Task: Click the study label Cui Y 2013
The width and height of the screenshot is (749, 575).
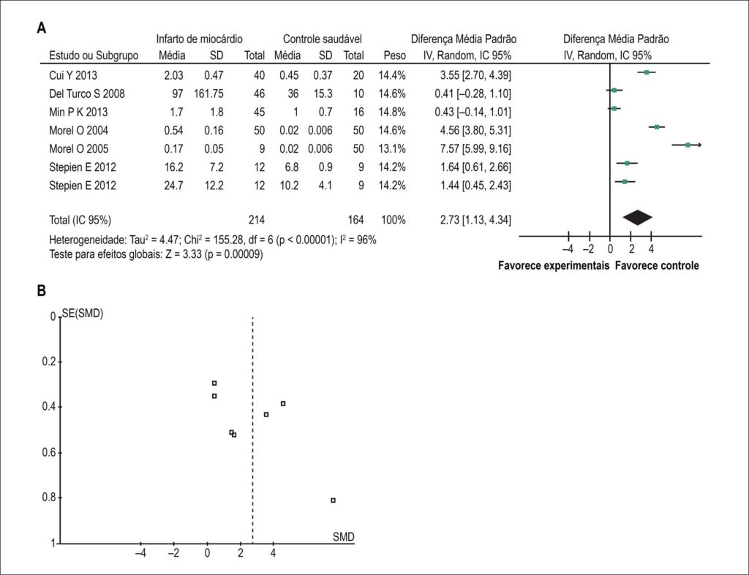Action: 73,75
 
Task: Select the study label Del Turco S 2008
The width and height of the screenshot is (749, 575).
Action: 87,94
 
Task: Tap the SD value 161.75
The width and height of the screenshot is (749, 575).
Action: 208,94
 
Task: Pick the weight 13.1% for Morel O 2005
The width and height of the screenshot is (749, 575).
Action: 392,149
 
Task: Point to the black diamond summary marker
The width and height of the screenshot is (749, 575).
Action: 637,218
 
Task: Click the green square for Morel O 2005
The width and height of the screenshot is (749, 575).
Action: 688,145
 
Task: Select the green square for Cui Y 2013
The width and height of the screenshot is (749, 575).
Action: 647,72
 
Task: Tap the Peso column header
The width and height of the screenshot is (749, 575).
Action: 394,56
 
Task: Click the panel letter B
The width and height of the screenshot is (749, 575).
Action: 42,291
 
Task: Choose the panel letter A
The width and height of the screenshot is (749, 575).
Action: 42,28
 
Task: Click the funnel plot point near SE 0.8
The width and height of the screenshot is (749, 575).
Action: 333,500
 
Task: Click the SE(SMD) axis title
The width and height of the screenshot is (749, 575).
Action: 83,313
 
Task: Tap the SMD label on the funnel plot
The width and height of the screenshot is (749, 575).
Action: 344,537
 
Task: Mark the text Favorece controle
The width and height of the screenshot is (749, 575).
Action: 657,266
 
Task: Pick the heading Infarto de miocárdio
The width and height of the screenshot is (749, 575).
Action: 199,39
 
